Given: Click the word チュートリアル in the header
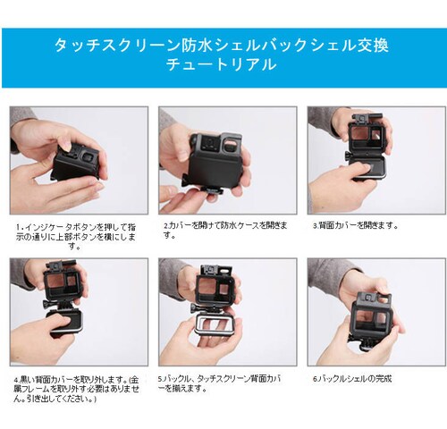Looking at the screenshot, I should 222,65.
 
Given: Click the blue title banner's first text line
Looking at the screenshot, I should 222,44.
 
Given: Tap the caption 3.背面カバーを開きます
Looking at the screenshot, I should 356,225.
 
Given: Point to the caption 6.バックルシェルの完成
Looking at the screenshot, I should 351,378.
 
